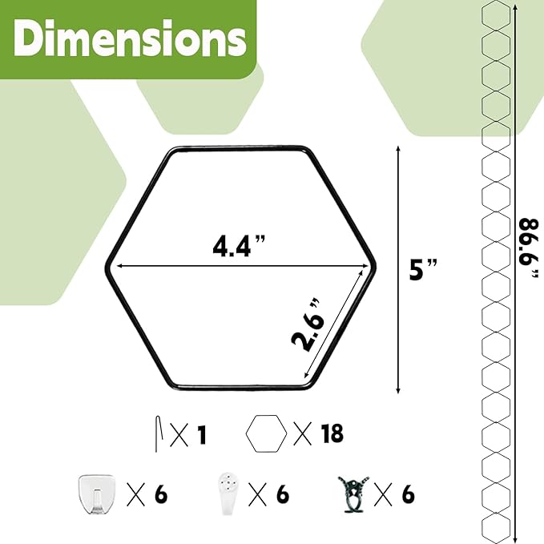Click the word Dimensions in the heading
tap(127, 37)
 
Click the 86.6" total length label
tap(530, 248)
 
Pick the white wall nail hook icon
tap(230, 492)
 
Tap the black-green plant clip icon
tap(353, 493)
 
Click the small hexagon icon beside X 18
tap(267, 433)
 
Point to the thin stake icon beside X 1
tap(159, 433)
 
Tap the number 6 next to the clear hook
tap(161, 494)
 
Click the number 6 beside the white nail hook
tap(282, 494)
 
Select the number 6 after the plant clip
tap(409, 494)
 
